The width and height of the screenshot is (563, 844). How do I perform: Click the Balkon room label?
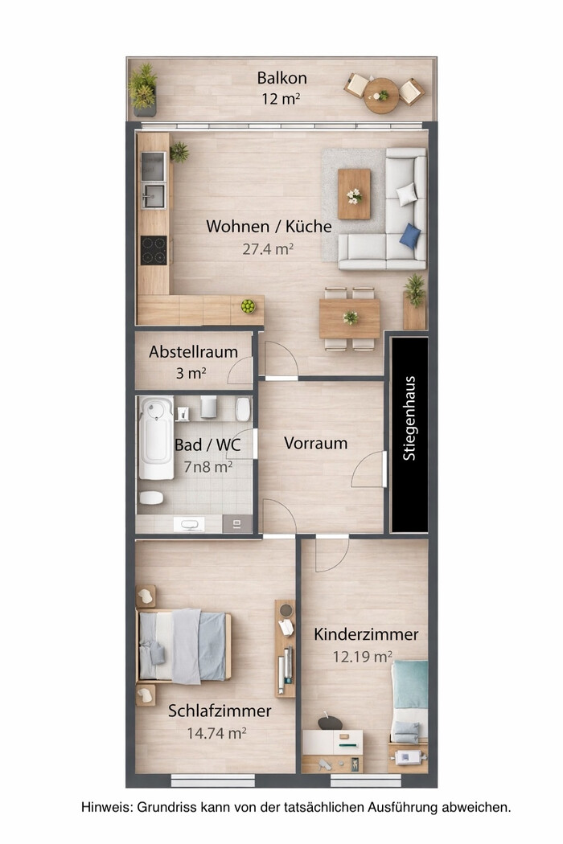[x=281, y=78]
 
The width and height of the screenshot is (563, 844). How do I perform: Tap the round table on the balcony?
[x=381, y=96]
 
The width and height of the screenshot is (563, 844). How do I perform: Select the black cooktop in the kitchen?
[x=154, y=250]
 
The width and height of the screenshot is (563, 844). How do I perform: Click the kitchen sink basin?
[x=154, y=196]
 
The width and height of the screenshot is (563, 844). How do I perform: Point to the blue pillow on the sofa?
[x=410, y=236]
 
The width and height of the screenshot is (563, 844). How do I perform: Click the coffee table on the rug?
[x=354, y=194]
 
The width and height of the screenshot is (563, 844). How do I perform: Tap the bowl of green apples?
[x=248, y=305]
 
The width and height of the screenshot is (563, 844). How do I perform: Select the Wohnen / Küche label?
[x=269, y=226]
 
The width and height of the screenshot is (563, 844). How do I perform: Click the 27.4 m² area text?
[x=268, y=249]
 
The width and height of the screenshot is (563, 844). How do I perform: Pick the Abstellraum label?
[x=193, y=352]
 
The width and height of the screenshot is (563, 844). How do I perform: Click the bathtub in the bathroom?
[x=156, y=438]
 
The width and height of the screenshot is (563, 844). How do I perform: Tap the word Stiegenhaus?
[x=409, y=418]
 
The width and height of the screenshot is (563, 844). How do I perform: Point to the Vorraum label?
[x=316, y=443]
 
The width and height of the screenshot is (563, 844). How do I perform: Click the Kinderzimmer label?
[x=367, y=634]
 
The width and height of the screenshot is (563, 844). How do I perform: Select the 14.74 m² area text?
[x=216, y=733]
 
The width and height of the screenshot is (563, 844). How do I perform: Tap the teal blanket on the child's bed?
[x=410, y=684]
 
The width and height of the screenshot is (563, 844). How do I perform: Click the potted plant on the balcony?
[x=143, y=89]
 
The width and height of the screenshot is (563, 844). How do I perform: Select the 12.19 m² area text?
[x=362, y=657]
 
